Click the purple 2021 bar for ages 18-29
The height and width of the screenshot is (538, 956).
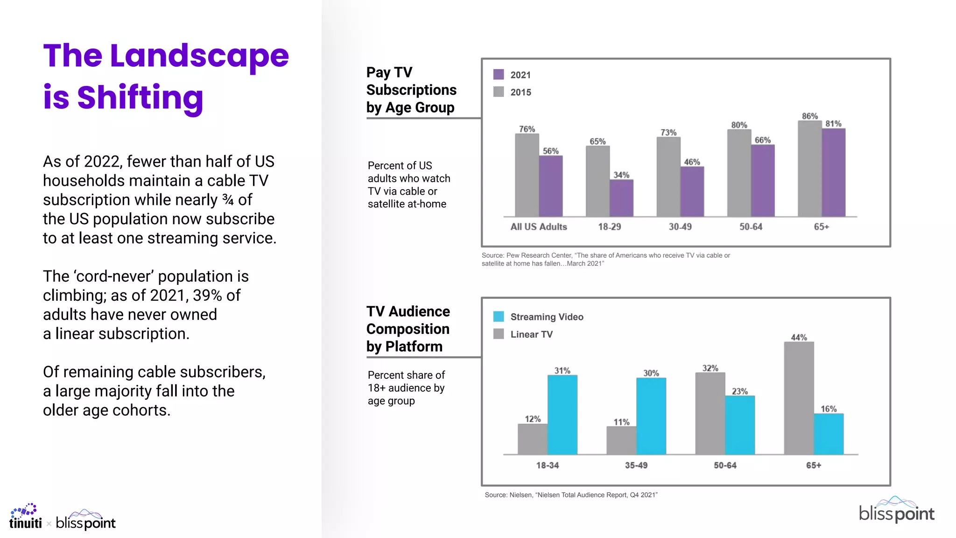[622, 198]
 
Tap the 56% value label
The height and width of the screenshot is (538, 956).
[550, 151]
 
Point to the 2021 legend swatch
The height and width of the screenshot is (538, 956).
[499, 75]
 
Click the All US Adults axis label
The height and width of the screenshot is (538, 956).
[539, 227]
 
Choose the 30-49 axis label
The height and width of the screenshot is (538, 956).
[680, 227]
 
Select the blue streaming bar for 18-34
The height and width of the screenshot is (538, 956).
[562, 415]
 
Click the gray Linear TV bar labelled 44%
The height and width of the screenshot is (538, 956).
[799, 398]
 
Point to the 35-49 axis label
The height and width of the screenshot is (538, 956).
[636, 466]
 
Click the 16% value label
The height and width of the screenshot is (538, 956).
[829, 409]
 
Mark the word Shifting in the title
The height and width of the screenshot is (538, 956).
[140, 98]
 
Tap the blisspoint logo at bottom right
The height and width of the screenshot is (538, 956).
[896, 510]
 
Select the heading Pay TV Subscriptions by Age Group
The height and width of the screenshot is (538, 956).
[411, 90]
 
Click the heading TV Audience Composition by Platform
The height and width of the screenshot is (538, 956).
[408, 329]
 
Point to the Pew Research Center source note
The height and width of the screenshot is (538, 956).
[605, 259]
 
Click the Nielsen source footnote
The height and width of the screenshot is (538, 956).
[571, 495]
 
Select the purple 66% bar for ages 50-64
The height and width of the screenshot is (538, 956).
[763, 181]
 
